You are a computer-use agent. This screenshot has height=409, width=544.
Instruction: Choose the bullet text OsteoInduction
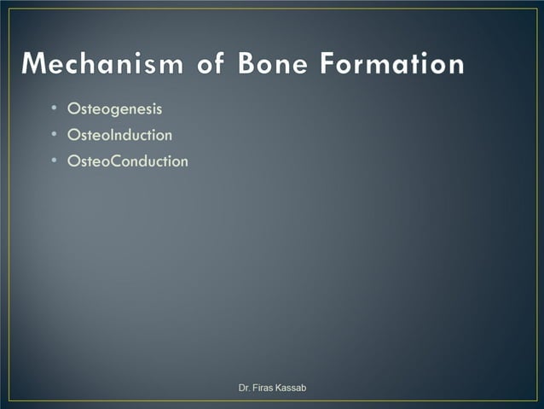pyautogui.click(x=119, y=135)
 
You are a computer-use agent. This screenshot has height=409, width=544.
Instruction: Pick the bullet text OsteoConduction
pyautogui.click(x=127, y=161)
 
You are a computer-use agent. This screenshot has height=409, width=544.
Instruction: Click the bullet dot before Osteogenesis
pyautogui.click(x=53, y=109)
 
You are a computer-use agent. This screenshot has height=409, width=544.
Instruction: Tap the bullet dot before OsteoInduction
pyautogui.click(x=53, y=135)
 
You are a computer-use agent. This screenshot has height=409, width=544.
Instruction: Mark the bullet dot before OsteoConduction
pyautogui.click(x=53, y=161)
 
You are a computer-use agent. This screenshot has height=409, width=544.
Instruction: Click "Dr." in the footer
pyautogui.click(x=244, y=389)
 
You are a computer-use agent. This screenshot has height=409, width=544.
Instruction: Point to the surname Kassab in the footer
pyautogui.click(x=292, y=389)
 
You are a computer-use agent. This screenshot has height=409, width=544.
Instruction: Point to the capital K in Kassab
pyautogui.click(x=281, y=389)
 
